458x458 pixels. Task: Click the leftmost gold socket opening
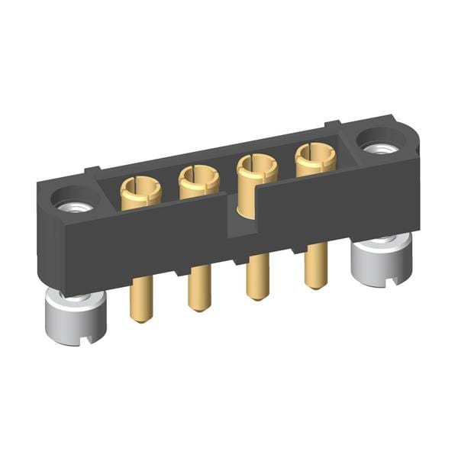[140, 185]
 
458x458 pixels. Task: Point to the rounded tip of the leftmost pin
[140, 318]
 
